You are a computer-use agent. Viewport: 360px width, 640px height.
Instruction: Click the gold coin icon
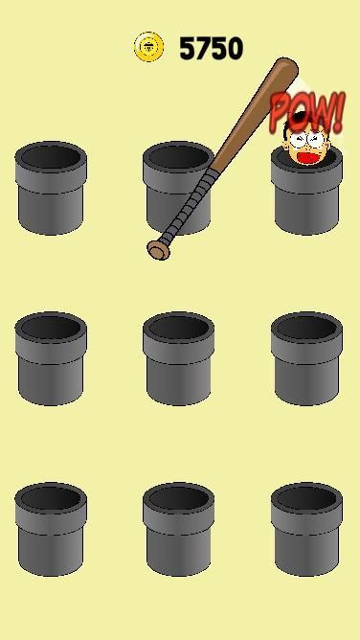148,47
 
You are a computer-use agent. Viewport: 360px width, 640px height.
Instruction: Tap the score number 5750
212,49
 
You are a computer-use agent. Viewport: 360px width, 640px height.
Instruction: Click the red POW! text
307,111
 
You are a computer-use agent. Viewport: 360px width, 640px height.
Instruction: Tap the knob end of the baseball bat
158,250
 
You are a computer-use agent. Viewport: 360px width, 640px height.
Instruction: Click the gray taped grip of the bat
187,207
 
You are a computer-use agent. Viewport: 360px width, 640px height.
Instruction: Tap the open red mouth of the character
309,157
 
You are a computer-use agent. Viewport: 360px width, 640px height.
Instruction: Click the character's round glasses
307,140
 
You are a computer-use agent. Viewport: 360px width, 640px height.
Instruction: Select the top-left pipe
51,188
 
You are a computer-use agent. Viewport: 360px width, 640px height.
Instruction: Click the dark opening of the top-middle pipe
178,156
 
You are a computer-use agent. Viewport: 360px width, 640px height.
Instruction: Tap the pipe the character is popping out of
306,192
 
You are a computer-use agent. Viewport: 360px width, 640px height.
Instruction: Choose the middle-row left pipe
51,358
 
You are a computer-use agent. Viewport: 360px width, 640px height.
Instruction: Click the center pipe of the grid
179,358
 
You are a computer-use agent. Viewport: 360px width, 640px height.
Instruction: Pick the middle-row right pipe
306,358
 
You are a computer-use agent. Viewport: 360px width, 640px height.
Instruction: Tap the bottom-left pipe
51,529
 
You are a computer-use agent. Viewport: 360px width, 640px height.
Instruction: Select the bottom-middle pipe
179,529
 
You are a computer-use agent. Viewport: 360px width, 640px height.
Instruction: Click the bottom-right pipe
306,529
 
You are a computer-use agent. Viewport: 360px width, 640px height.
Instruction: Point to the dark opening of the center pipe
179,328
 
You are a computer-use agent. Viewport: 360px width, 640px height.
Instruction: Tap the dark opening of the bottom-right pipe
306,498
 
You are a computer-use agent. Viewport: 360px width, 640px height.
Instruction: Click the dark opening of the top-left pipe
51,157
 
